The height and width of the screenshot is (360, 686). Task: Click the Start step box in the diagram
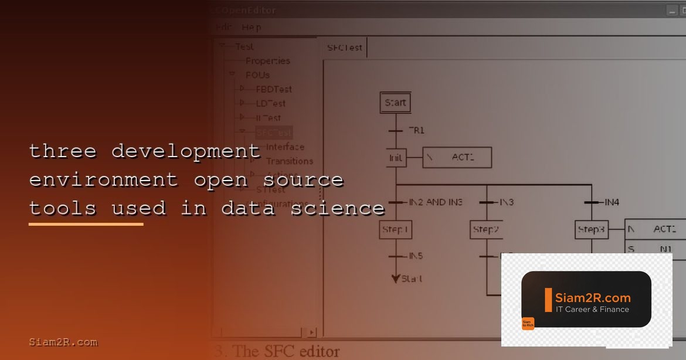coord(395,103)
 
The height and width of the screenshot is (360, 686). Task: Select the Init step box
coord(396,158)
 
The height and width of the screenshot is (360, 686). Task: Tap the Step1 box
coord(395,229)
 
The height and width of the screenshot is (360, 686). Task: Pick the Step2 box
coord(486,229)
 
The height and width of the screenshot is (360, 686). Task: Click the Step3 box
coord(591,229)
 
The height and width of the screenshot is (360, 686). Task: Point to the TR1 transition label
coord(416,130)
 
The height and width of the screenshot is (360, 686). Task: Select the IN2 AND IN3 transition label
coord(436,202)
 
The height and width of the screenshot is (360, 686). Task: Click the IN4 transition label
coord(612,202)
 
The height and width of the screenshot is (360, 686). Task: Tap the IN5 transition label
coord(416,256)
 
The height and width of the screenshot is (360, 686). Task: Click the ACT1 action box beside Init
coord(457,157)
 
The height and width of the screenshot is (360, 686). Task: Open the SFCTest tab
coord(345,47)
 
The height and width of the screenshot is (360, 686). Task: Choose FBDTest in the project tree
coord(274,89)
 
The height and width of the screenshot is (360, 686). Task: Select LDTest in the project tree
coord(271,103)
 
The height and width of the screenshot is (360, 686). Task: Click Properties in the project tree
coord(267,61)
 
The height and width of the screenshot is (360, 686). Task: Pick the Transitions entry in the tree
coord(290,161)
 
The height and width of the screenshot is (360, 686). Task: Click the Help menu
coord(252,27)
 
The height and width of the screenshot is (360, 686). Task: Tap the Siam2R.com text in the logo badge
coord(593,298)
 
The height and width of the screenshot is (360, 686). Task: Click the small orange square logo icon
coord(528,324)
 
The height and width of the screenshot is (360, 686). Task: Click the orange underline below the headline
coord(86,224)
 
